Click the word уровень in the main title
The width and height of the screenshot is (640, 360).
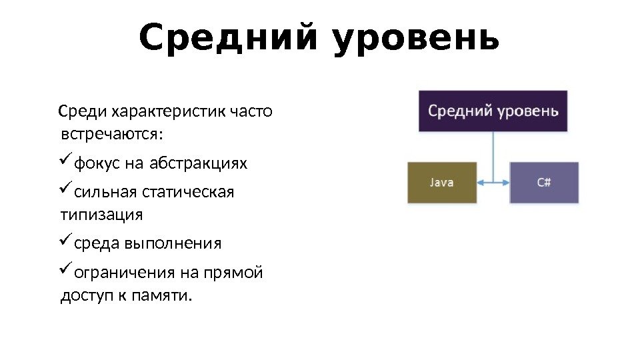[x=415, y=39]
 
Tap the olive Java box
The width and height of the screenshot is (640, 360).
[x=441, y=182]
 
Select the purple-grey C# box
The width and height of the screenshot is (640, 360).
[x=544, y=182]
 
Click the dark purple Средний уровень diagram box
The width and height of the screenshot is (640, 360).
[x=493, y=111]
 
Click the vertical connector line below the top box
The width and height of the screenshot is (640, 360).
[x=493, y=153]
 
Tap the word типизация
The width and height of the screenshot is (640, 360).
[x=101, y=215]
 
